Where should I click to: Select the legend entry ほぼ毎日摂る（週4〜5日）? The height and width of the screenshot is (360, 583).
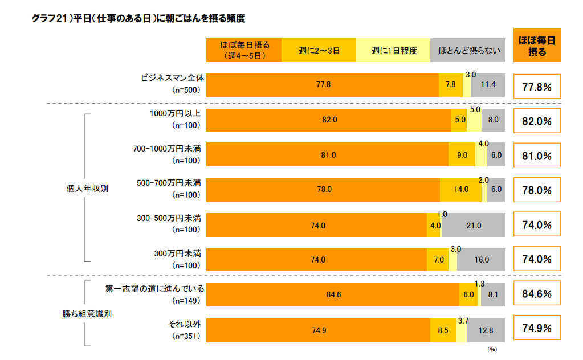[x=244, y=50]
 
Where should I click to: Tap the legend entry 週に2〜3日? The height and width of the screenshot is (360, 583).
[x=319, y=50]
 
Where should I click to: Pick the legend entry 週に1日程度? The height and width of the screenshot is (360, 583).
[x=393, y=50]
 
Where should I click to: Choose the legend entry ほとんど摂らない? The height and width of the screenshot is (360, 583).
[x=468, y=50]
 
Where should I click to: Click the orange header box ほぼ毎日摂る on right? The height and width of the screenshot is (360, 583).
[x=537, y=45]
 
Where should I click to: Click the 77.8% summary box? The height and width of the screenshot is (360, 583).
[x=537, y=87]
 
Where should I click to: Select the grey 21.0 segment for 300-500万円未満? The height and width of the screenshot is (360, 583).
[x=474, y=226]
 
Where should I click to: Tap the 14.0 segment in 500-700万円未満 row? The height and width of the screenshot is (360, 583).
[x=460, y=190]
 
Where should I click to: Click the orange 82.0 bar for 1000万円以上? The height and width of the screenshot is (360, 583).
[x=329, y=120]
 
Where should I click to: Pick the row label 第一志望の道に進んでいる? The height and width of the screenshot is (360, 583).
[x=154, y=288]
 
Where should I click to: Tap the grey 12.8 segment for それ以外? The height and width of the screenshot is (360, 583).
[x=486, y=330]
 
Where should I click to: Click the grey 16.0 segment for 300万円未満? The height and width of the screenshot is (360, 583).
[x=481, y=260]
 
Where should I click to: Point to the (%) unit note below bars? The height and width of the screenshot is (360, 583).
[x=492, y=349]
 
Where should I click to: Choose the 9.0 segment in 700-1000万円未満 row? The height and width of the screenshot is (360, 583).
[x=462, y=155]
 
